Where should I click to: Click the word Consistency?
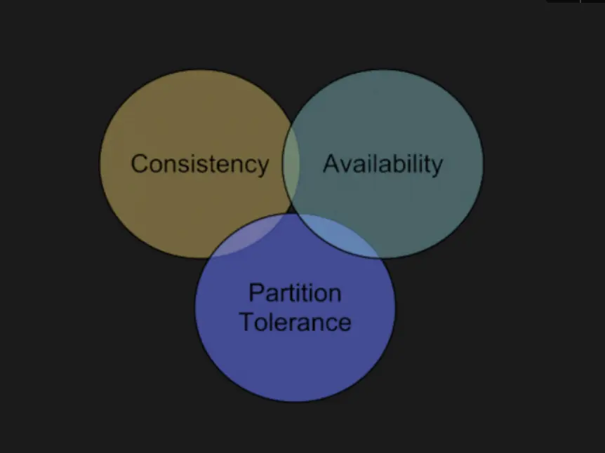(x=200, y=164)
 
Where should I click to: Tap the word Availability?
(x=383, y=164)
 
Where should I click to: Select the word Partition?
(x=295, y=293)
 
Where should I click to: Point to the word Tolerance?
(x=295, y=322)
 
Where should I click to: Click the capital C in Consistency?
(x=140, y=163)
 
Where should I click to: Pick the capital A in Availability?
(x=331, y=163)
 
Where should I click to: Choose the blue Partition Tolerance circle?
(x=295, y=365)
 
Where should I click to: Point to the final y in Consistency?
(x=262, y=167)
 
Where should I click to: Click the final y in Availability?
(x=437, y=167)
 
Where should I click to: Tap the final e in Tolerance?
(x=345, y=323)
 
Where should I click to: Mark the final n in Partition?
(x=334, y=294)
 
